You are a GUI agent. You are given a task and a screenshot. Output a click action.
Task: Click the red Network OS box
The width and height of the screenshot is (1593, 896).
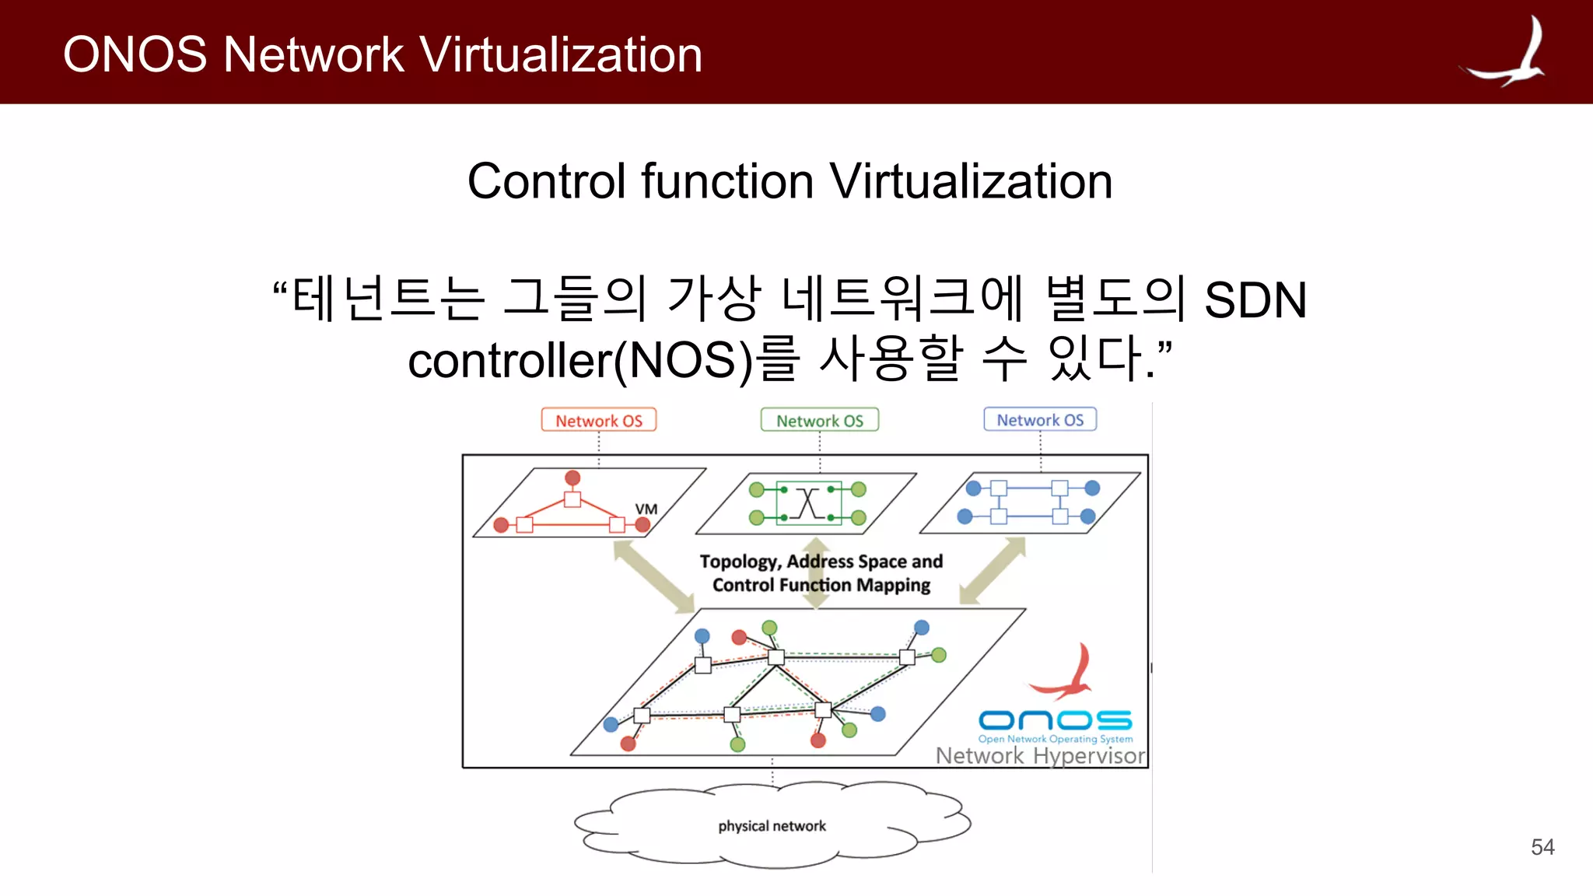point(598,420)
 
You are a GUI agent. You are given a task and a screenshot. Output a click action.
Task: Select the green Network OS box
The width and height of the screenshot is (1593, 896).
point(819,420)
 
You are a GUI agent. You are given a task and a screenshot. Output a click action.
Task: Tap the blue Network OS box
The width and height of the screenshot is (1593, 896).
point(1040,419)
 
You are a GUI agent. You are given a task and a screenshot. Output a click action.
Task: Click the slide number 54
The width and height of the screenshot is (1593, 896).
point(1542,847)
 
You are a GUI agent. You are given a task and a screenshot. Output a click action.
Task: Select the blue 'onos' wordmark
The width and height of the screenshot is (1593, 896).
point(1055,720)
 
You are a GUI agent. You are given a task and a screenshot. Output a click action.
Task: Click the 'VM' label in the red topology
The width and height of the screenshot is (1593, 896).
point(646,509)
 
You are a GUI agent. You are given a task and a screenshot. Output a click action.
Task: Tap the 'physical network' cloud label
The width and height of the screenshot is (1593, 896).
point(772,826)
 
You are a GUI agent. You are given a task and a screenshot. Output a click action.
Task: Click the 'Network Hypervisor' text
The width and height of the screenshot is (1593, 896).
point(1040,755)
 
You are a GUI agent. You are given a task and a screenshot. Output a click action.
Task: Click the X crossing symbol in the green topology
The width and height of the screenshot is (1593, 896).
point(809,503)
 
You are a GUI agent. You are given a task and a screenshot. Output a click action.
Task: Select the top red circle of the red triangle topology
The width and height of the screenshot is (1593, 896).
point(572,478)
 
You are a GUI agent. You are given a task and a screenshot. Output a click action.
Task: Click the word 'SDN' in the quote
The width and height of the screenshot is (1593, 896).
point(1255,299)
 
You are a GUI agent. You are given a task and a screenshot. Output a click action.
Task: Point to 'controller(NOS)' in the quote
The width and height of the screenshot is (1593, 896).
point(580,361)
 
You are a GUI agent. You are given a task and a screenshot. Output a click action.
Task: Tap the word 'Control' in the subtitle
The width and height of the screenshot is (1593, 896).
point(548,181)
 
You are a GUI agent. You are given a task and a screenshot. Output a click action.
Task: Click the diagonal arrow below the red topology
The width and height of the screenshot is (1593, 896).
point(653,576)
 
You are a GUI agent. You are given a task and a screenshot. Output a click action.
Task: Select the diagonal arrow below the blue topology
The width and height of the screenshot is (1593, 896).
point(993,570)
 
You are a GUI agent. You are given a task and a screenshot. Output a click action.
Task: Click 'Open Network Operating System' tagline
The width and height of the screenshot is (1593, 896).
point(1055,739)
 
